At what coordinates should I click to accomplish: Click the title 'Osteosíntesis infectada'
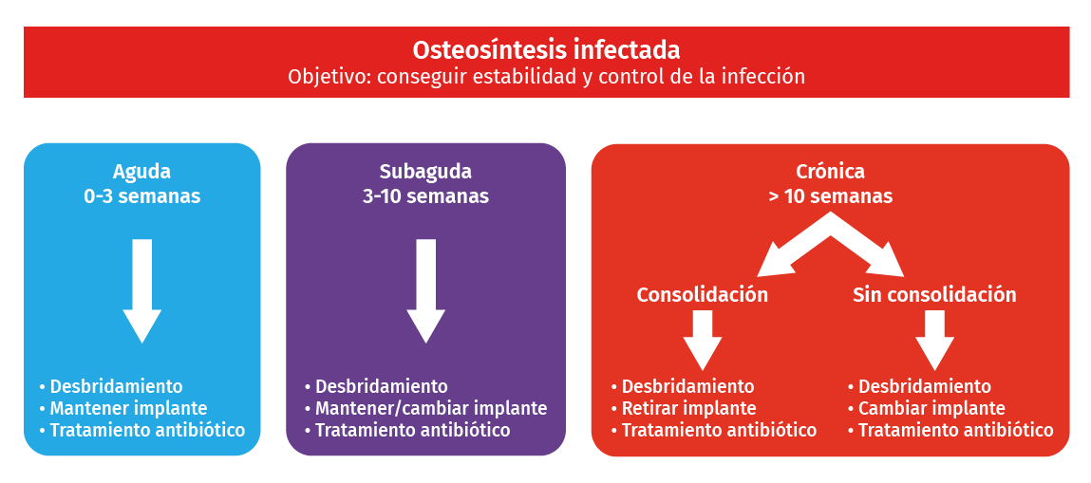click(x=546, y=50)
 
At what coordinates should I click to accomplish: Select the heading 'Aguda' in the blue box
click(x=141, y=171)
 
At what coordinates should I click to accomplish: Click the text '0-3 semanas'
click(x=141, y=196)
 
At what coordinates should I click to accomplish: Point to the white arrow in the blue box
click(x=141, y=291)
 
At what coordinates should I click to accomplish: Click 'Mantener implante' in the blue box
click(x=129, y=408)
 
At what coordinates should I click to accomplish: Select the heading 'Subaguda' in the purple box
click(x=425, y=171)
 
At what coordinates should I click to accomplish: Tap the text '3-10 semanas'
click(x=425, y=196)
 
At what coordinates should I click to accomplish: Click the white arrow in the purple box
click(x=425, y=291)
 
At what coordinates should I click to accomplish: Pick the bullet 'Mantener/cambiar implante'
click(x=431, y=408)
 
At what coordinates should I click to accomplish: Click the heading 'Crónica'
click(x=830, y=171)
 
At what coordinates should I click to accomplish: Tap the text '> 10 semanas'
click(x=830, y=196)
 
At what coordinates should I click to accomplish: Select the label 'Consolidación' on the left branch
click(x=703, y=295)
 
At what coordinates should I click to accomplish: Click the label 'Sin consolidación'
click(x=934, y=295)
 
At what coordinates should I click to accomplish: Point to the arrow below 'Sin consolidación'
click(x=934, y=341)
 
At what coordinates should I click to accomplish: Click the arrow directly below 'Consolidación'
click(x=703, y=341)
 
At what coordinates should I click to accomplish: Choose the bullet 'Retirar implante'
click(x=688, y=408)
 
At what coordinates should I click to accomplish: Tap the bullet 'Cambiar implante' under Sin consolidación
click(x=931, y=408)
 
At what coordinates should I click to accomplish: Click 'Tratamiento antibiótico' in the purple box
click(x=413, y=430)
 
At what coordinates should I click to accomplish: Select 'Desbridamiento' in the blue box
click(x=116, y=385)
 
